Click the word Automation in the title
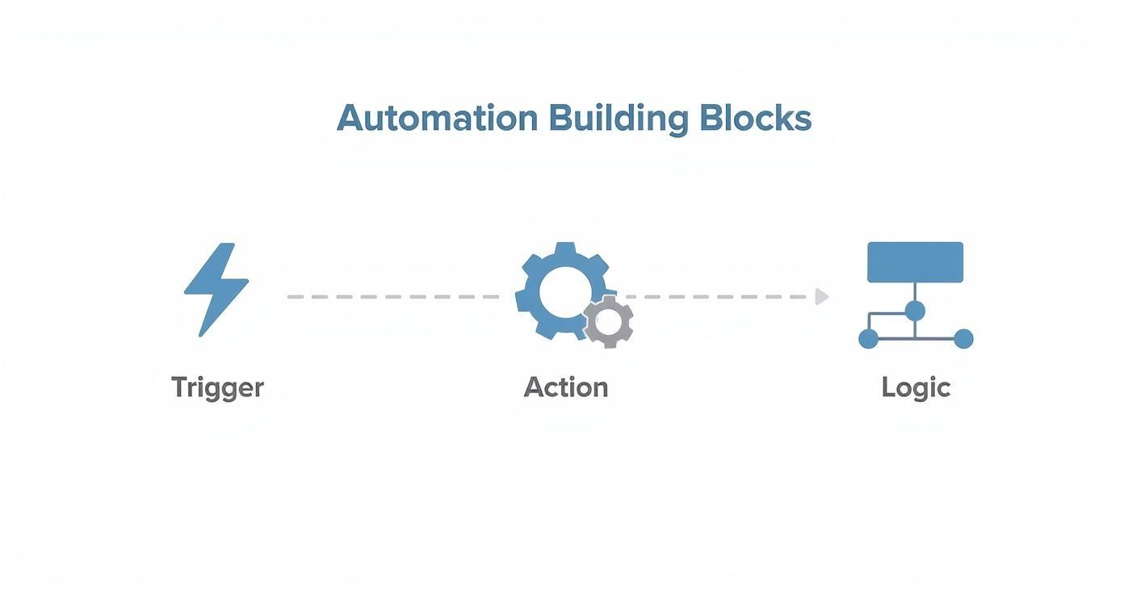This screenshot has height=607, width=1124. (x=437, y=119)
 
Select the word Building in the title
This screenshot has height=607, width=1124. (x=618, y=119)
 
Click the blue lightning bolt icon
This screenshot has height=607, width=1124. (x=216, y=289)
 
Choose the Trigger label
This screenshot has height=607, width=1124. (x=217, y=387)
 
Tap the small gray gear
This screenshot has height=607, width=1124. (x=608, y=322)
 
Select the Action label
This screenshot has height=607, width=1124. (x=565, y=387)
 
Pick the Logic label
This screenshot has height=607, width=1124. (x=916, y=387)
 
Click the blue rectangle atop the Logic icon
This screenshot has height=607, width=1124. (x=915, y=262)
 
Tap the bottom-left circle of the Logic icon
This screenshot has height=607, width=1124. (x=868, y=339)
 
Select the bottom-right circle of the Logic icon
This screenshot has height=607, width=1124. (x=963, y=339)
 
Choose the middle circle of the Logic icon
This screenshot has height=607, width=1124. (x=915, y=311)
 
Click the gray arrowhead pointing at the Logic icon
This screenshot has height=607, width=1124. (x=822, y=296)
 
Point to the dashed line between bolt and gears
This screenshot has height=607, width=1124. (x=393, y=297)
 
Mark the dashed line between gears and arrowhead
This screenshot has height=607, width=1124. (x=719, y=297)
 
